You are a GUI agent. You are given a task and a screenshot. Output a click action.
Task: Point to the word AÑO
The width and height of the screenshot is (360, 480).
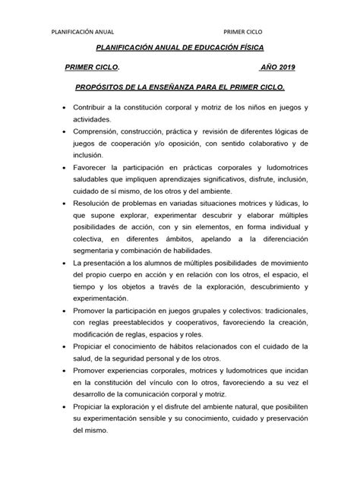click(x=267, y=68)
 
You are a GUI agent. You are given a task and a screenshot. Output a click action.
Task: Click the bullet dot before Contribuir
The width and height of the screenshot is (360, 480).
click(x=64, y=108)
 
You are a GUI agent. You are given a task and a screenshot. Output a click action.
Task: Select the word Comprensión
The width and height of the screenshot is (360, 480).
click(x=100, y=132)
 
